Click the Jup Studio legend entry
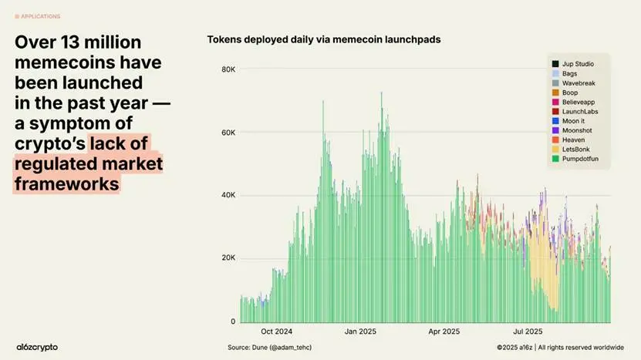click(x=578, y=63)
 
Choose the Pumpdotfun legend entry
click(x=579, y=159)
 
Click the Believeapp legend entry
click(x=579, y=102)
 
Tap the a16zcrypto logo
click(x=37, y=347)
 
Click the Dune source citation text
click(x=270, y=347)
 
